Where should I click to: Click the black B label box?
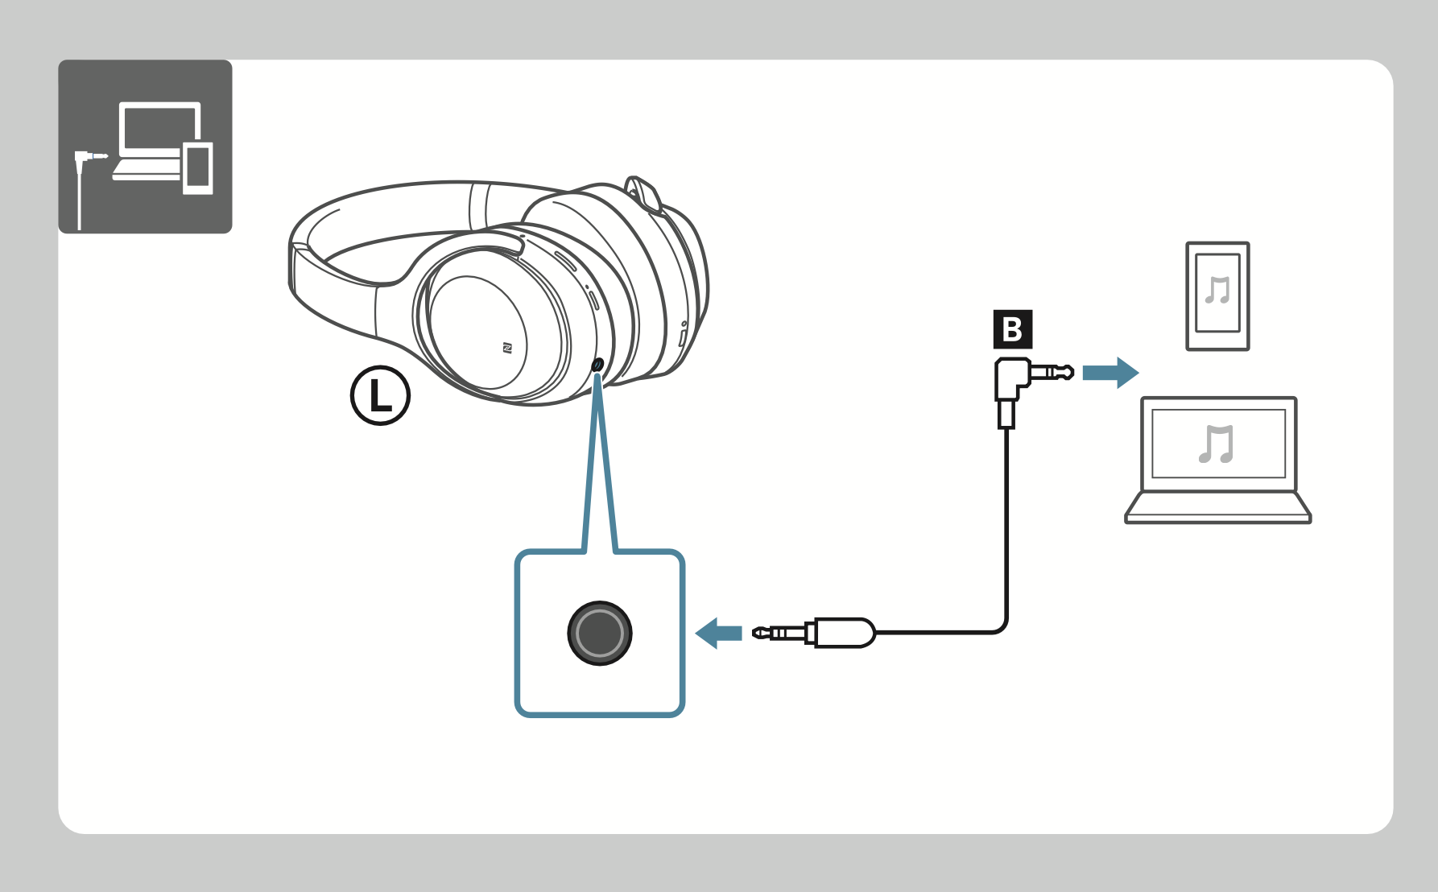[1013, 329]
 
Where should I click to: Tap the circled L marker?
[380, 395]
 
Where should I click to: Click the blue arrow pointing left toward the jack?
[718, 634]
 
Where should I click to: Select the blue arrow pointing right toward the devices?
[1111, 373]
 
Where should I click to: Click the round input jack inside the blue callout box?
[600, 633]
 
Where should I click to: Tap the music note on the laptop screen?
[1216, 444]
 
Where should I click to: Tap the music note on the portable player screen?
[1218, 290]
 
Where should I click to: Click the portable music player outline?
[1217, 296]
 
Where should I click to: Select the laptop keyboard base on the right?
[1218, 508]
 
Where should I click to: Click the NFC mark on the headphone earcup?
[507, 348]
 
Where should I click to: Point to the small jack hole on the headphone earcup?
[597, 365]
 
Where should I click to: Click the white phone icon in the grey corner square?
[198, 167]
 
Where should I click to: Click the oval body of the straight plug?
[845, 633]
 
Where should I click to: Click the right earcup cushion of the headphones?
[644, 282]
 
